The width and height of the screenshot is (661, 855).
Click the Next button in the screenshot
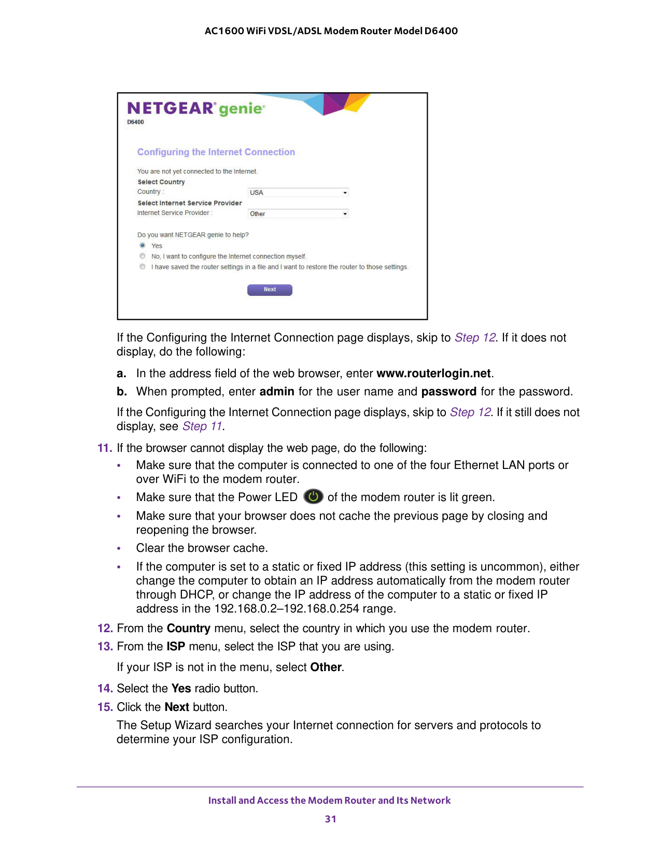coord(270,290)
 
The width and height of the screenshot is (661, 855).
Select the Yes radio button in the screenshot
coord(143,246)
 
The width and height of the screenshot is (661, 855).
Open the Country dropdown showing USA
coord(298,193)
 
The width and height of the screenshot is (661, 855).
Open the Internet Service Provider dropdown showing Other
coord(298,214)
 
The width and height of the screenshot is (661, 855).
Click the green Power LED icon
coord(313,497)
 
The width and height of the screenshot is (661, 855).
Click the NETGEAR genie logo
coord(196,108)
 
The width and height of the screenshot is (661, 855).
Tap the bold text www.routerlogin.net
coord(433,374)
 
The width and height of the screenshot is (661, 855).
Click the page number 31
coord(330,819)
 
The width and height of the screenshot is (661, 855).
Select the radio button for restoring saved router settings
coord(143,267)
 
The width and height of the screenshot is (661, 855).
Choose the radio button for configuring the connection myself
coord(143,256)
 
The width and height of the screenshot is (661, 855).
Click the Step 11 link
coord(202,426)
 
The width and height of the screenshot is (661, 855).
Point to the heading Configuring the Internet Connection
coord(216,152)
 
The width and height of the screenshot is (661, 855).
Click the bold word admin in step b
coord(277,392)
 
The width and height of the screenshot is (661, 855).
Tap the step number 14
coord(105,689)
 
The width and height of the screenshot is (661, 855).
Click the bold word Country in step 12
coord(188,629)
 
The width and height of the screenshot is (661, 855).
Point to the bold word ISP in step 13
coord(176,647)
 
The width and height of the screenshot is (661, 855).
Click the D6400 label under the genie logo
coord(135,122)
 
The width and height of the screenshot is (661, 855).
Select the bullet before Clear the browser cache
coord(119,549)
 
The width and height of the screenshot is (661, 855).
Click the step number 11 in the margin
coord(104,448)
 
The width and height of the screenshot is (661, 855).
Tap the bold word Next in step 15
coord(177,707)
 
